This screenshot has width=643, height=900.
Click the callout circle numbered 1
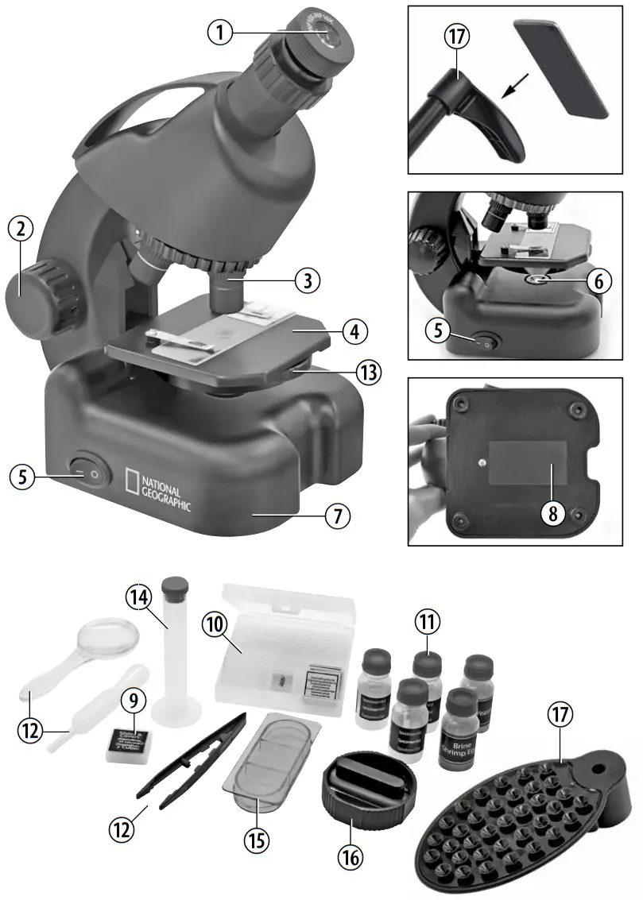point(222,32)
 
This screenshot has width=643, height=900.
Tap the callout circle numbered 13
point(367,371)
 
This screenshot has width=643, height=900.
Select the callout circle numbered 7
point(338,516)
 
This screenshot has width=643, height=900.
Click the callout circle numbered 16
point(350,855)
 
